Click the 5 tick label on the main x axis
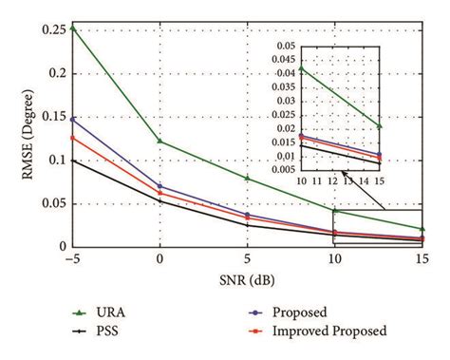(247, 260)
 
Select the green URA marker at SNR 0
(159, 142)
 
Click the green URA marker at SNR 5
(247, 178)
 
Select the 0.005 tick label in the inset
(283, 170)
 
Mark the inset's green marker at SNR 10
(302, 68)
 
